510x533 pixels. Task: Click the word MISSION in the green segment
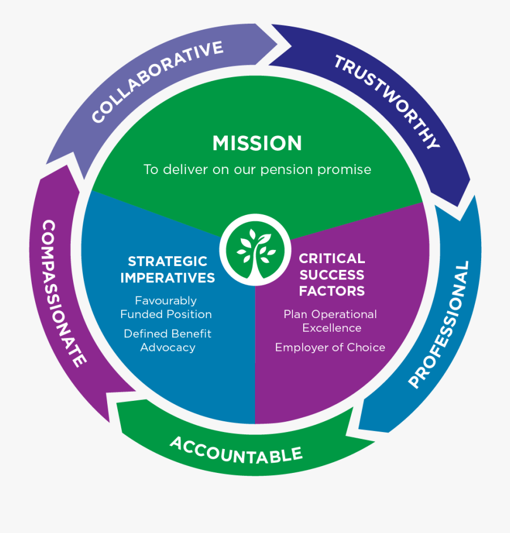pos(257,143)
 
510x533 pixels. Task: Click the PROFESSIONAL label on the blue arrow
pos(440,325)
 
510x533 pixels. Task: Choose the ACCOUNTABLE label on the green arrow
pos(236,449)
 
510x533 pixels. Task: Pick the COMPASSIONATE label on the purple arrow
pos(64,293)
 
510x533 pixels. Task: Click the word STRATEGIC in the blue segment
pos(167,261)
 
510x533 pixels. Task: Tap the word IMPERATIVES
pos(167,278)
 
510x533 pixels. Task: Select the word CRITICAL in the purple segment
pos(332,259)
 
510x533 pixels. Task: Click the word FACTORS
pos(332,291)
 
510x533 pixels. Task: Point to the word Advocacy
pos(167,348)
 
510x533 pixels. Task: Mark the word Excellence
pos(331,328)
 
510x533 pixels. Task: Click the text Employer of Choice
pos(330,348)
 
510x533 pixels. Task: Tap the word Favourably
pos(166,301)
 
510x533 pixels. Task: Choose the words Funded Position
pos(166,314)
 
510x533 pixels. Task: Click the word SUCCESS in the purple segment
pos(332,275)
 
